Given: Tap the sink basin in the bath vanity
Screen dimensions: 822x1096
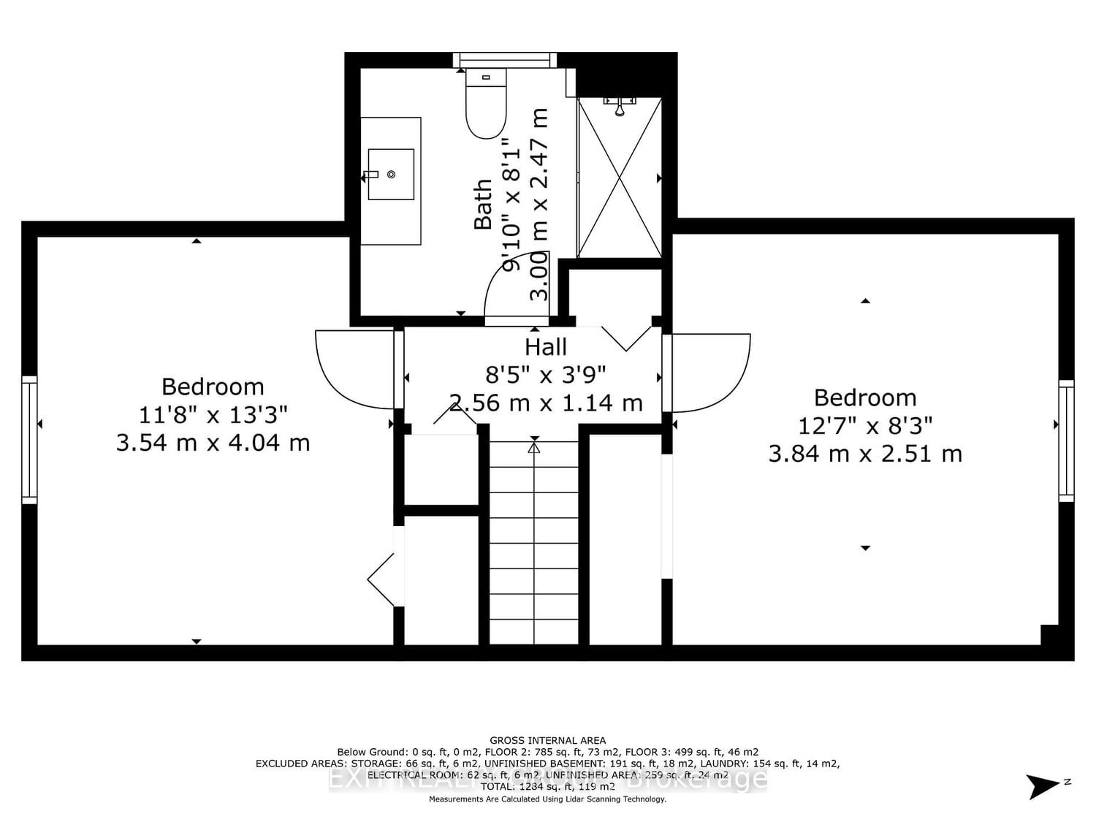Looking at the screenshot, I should tap(391, 174).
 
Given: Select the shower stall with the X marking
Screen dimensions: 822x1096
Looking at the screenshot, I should tap(620, 178).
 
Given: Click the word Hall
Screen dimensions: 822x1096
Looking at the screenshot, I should tap(546, 347).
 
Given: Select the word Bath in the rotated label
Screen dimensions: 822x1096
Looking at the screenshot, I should tap(483, 205).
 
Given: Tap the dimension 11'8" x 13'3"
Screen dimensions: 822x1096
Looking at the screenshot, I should tap(213, 415).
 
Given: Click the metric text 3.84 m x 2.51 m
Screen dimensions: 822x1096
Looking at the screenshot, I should tap(865, 454).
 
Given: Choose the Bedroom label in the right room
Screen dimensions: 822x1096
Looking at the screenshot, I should tap(865, 397).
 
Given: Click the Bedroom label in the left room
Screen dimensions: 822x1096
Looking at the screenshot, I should tap(213, 387).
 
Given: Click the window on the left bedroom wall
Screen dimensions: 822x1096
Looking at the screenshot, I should tap(29, 440).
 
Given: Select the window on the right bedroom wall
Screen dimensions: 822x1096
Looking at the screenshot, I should tap(1066, 440).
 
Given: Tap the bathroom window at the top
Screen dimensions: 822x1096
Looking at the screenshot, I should tap(504, 60).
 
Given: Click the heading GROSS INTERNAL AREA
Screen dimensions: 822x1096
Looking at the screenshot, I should tap(547, 740).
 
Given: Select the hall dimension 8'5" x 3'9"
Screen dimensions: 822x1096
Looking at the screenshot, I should tap(546, 375).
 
